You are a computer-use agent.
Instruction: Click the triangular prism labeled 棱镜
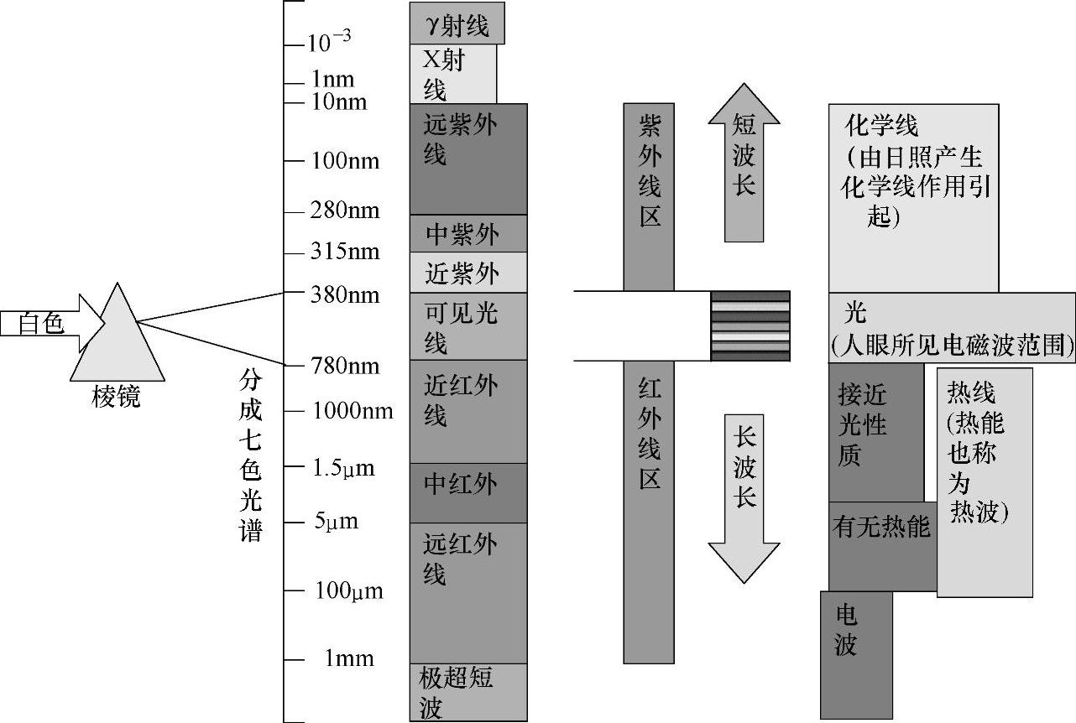[117, 340]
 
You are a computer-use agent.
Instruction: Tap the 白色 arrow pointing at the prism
[46, 323]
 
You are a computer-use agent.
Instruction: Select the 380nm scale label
[345, 295]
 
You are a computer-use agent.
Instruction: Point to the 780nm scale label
[345, 366]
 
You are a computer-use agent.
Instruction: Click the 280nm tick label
[345, 211]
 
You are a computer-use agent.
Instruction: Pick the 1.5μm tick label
[343, 468]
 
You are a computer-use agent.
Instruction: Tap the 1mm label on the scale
[349, 658]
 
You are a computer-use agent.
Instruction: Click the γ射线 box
[457, 25]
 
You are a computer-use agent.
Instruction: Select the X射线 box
[452, 74]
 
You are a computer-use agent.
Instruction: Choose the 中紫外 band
[467, 234]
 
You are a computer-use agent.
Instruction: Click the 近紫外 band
[467, 273]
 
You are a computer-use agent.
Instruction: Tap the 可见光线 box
[467, 326]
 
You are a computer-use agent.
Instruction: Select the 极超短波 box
[467, 692]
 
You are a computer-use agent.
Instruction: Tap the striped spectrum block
[750, 326]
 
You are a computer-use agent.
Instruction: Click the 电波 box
[855, 654]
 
